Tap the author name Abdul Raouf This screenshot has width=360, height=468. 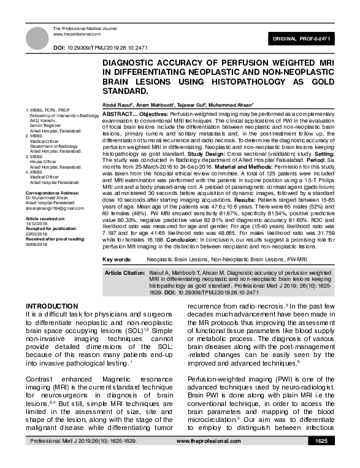pos(116,105)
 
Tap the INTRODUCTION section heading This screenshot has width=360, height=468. pos(51,306)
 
